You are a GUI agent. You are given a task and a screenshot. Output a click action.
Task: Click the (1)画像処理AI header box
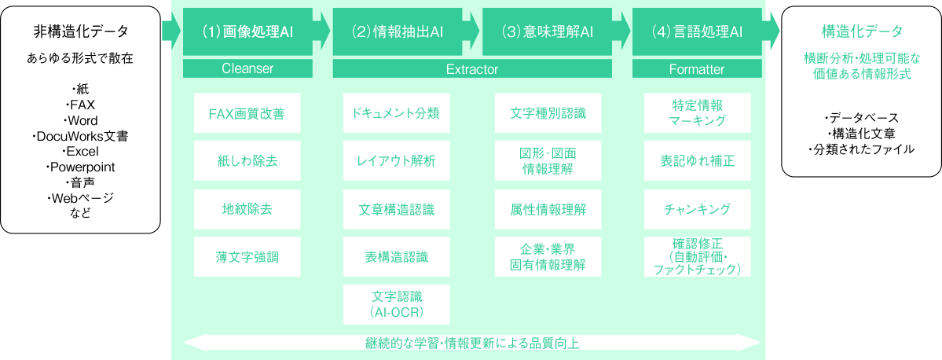tap(247, 31)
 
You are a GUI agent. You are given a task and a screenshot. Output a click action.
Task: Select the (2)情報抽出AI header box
tap(398, 31)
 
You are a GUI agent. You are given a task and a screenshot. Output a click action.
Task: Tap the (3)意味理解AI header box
tap(548, 31)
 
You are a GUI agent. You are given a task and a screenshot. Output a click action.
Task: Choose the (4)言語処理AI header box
tap(697, 31)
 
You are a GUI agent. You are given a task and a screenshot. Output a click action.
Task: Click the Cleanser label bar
tap(247, 69)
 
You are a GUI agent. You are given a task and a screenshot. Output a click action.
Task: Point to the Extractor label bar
tap(472, 69)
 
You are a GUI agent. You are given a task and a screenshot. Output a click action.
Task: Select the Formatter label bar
tap(697, 69)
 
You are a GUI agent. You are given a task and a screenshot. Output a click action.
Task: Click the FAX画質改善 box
tap(247, 114)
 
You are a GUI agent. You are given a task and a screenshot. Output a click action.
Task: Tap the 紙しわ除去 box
tap(247, 161)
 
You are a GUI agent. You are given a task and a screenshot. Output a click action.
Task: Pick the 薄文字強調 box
tap(247, 256)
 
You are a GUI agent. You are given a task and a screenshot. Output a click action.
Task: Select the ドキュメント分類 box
tap(397, 114)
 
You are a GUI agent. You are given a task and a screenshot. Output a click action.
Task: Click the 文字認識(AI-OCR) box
tap(397, 304)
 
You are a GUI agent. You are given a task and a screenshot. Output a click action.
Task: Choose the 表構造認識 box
tap(397, 256)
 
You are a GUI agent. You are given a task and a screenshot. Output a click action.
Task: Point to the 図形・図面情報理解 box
tap(548, 161)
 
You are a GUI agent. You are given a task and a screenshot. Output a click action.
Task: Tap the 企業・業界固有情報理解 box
tap(548, 256)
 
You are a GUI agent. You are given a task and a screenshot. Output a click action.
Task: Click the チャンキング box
tap(697, 209)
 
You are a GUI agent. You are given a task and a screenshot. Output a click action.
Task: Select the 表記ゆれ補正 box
tap(697, 161)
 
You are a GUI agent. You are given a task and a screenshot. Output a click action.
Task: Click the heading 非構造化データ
tap(81, 31)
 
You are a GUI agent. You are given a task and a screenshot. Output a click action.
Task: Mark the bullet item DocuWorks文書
tap(81, 137)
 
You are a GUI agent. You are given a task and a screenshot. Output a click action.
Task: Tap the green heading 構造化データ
tap(862, 31)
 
